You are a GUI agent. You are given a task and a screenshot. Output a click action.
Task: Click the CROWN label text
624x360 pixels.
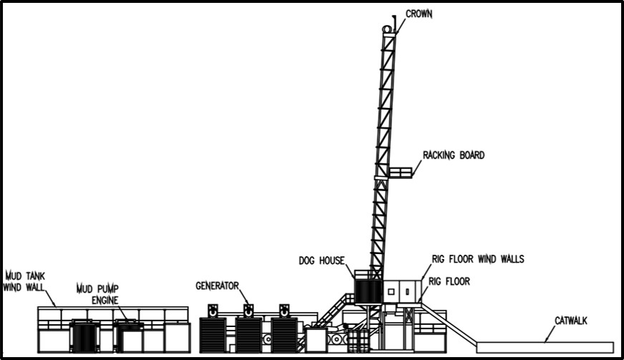[419, 14]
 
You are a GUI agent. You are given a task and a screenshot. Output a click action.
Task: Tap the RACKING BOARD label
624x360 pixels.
[453, 155]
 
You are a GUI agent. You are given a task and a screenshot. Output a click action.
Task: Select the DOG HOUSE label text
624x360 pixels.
[321, 261]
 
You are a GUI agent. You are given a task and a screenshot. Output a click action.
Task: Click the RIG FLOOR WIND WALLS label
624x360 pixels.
[477, 259]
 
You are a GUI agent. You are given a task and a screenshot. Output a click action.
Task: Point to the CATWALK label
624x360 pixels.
[570, 321]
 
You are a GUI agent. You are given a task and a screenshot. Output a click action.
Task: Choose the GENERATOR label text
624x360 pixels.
[218, 286]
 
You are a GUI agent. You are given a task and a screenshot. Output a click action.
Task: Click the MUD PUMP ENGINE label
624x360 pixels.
[99, 293]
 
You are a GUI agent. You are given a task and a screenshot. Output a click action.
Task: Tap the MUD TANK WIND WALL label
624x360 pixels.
[25, 281]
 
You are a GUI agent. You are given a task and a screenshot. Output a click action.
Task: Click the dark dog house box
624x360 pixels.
[368, 290]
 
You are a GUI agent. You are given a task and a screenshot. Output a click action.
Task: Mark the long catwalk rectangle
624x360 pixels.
[545, 347]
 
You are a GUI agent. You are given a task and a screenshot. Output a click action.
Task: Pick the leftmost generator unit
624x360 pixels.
[213, 334]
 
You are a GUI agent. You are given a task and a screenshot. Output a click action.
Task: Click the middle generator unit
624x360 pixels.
[248, 334]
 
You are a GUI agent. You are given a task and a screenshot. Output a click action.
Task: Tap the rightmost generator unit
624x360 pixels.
[283, 334]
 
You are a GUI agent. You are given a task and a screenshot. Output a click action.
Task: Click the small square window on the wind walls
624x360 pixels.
[390, 291]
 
